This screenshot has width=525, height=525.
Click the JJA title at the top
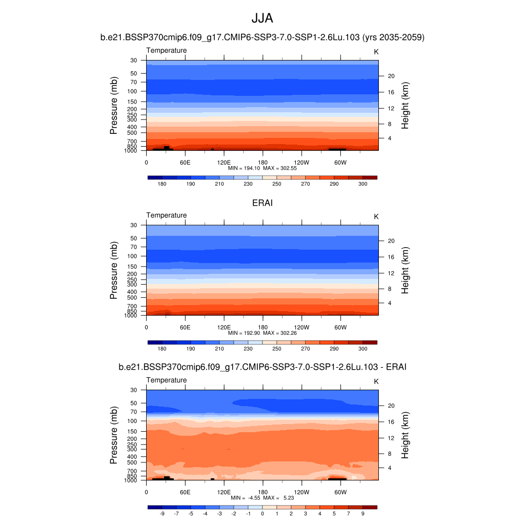point(262,18)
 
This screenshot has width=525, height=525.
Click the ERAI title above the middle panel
point(262,203)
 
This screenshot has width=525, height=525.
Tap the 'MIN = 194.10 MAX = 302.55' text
point(262,168)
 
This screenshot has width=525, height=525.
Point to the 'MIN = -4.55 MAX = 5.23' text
point(262,498)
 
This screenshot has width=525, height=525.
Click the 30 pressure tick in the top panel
point(134,60)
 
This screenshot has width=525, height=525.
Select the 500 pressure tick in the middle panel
point(132,297)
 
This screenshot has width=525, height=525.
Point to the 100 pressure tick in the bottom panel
point(132,421)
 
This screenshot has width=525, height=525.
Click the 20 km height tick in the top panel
point(391,76)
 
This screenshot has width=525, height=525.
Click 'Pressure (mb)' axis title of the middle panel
point(114,270)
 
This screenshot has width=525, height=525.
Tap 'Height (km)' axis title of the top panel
point(405,105)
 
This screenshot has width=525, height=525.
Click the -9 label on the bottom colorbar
point(162,513)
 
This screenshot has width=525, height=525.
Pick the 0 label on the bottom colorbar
point(262,513)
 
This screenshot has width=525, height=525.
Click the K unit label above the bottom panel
point(376,381)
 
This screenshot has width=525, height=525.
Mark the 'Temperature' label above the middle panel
point(167,215)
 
